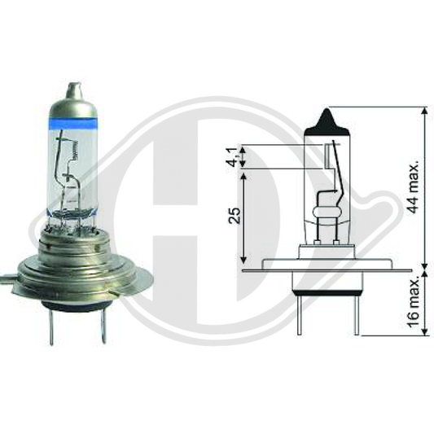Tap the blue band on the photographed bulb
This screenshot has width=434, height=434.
(x=73, y=123)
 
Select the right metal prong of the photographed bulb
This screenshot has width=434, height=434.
(x=103, y=326)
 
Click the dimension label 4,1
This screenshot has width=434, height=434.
(x=234, y=157)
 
